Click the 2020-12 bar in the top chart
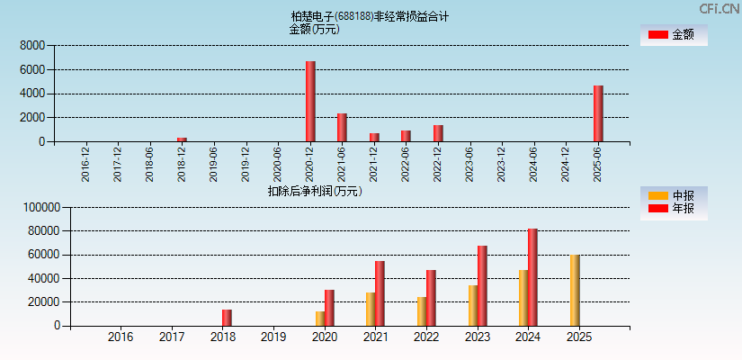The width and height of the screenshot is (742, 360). (x=310, y=102)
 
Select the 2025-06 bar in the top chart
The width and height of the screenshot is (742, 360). (x=598, y=113)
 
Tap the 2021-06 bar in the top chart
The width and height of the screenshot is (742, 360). (x=342, y=128)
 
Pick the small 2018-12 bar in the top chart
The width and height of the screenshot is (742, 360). (x=182, y=139)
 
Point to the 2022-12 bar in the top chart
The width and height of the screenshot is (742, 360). (x=438, y=133)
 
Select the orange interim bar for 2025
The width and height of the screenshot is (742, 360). (x=574, y=291)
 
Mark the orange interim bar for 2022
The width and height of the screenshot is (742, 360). (x=422, y=311)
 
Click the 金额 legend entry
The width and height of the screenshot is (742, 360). (x=673, y=34)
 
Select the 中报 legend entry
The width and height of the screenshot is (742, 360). (x=673, y=195)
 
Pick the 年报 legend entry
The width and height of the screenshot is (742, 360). (x=673, y=209)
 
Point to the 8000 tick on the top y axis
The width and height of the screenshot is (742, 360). (x=32, y=45)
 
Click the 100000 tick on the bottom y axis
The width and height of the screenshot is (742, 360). (x=40, y=207)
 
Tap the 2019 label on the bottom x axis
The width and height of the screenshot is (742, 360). (x=273, y=337)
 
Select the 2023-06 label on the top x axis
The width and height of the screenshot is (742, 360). (x=470, y=164)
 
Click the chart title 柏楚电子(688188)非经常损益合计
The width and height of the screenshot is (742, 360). (x=370, y=16)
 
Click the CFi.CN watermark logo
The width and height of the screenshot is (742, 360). (x=719, y=9)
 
